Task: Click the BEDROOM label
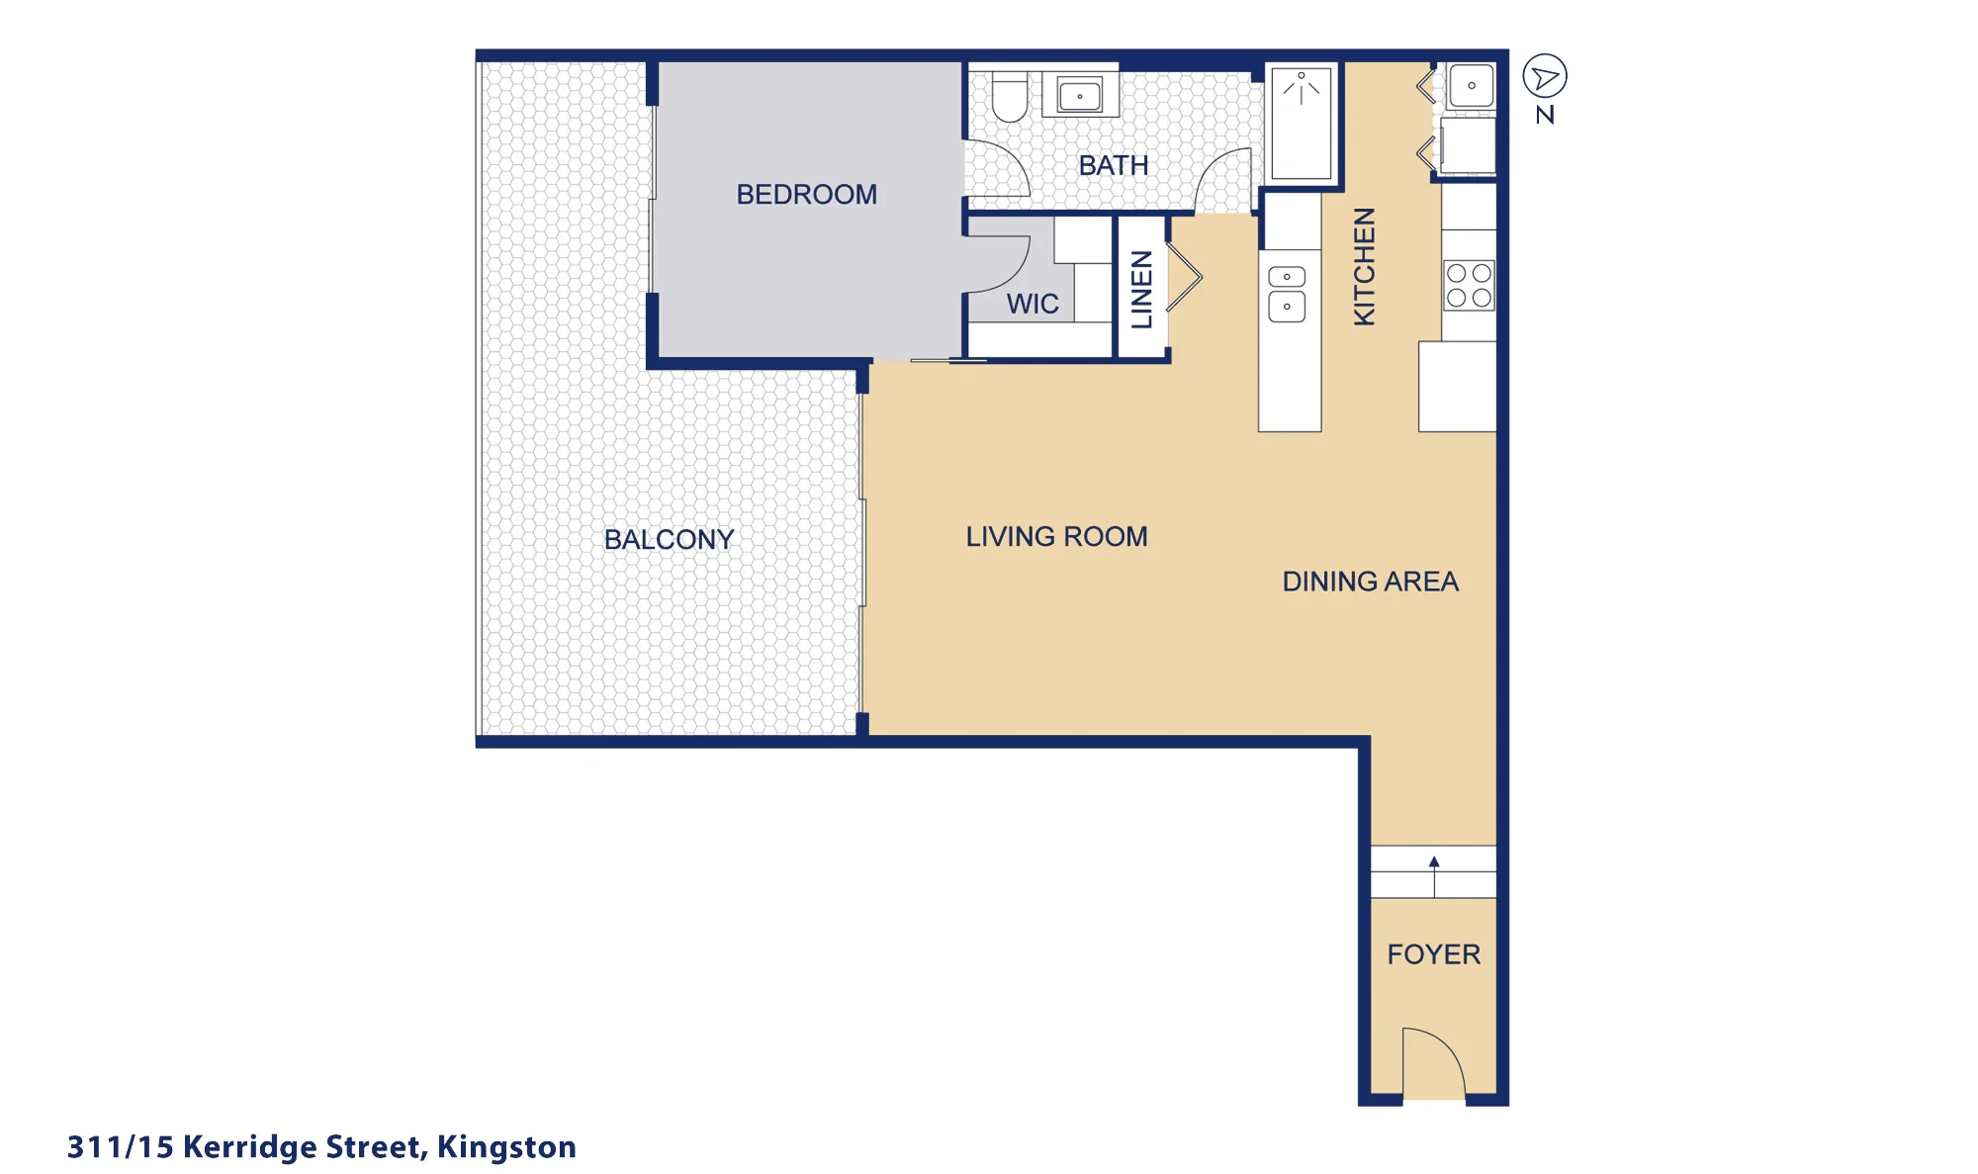click(x=806, y=194)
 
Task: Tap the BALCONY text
click(x=669, y=539)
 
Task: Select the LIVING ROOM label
click(x=1056, y=536)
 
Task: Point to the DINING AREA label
click(x=1370, y=581)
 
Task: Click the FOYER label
click(x=1433, y=953)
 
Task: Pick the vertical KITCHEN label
click(x=1364, y=266)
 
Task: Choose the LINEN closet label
click(x=1141, y=289)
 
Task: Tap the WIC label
click(x=1033, y=304)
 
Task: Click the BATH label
click(x=1114, y=165)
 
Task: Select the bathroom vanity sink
click(x=1080, y=95)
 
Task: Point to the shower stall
click(x=1301, y=123)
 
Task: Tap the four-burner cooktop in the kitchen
click(x=1469, y=285)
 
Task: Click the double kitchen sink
click(x=1287, y=295)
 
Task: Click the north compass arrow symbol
click(x=1545, y=76)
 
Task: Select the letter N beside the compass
click(x=1545, y=115)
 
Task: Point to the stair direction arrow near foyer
click(x=1434, y=876)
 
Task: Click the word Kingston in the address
click(x=506, y=1147)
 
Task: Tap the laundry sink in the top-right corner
click(x=1471, y=86)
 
